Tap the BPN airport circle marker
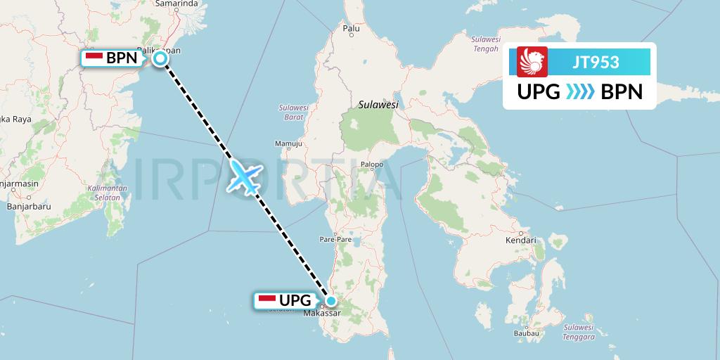160,58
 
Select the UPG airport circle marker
331,300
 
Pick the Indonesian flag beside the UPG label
267,300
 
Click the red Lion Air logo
532,62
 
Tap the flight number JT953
595,62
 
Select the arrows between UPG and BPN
581,92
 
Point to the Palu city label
351,29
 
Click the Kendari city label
520,240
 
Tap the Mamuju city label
288,144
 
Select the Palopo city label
371,165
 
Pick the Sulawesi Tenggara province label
579,332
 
